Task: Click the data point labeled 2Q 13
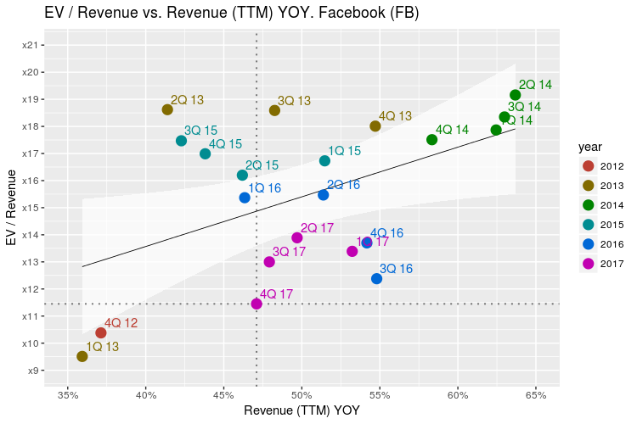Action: [x=167, y=109]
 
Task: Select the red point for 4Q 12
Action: [x=101, y=332]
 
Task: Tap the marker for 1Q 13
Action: [x=82, y=356]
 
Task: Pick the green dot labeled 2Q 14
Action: [x=515, y=95]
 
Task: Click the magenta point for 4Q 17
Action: [x=256, y=304]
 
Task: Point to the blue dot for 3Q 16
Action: [x=377, y=279]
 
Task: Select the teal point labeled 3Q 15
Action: [x=181, y=141]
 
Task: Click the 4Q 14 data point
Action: [x=431, y=140]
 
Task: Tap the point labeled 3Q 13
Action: [x=274, y=110]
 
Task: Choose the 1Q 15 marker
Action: [x=324, y=161]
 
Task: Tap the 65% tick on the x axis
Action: [x=536, y=395]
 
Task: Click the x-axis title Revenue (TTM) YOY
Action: [x=302, y=411]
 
